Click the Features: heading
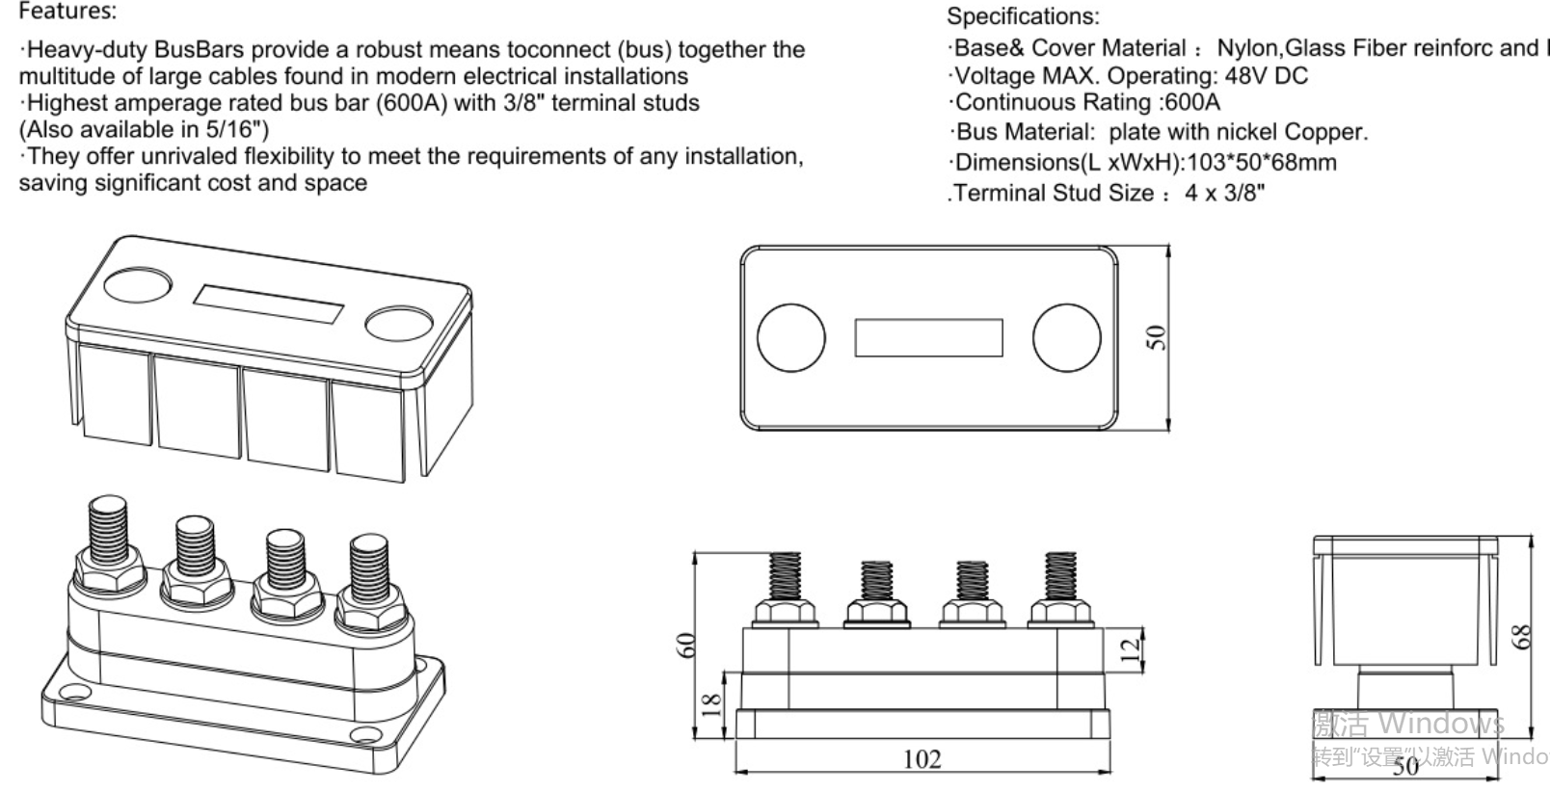[67, 12]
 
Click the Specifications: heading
[1023, 16]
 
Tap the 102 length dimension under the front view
[922, 759]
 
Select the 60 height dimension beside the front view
[685, 645]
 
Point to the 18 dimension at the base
[710, 704]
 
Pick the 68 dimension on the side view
[1521, 637]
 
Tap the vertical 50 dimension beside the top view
[1156, 337]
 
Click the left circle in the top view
[790, 337]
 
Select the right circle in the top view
[1066, 337]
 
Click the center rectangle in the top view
[928, 337]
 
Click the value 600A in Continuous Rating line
[1191, 102]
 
